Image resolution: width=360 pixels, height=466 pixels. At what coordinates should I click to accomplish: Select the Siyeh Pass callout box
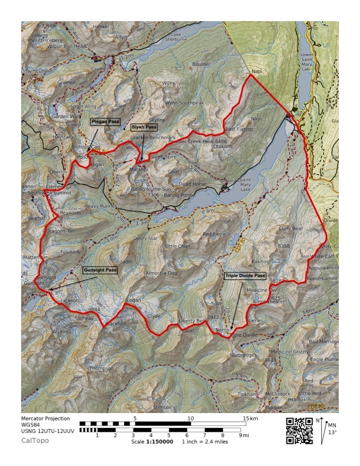coord(144,127)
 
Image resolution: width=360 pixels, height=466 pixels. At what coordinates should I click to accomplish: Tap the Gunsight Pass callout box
coord(99,270)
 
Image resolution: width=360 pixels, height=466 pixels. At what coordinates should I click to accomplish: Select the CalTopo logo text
coord(35,440)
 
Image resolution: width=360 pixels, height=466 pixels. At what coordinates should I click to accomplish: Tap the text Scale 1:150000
coord(152,441)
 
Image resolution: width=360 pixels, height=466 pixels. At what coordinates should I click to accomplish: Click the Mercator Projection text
coord(45,419)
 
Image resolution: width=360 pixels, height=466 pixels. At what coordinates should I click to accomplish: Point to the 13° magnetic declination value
coord(331,432)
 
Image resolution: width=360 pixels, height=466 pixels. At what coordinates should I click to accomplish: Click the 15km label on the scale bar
coord(251,419)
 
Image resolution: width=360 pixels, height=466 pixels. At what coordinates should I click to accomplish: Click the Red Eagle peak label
coord(215,234)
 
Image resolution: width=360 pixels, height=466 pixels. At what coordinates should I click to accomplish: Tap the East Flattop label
coord(238,129)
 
